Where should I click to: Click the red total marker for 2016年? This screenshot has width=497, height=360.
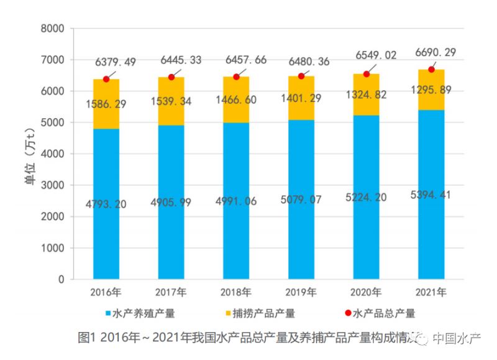[106, 79]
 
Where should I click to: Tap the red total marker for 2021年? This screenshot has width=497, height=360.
[431, 69]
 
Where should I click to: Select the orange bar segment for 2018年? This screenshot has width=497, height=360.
[236, 99]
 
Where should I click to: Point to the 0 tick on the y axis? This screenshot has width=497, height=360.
[61, 280]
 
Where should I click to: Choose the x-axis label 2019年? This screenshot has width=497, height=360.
[301, 292]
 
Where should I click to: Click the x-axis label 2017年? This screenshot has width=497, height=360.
[171, 292]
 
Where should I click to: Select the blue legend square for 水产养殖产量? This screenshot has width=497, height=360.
[108, 313]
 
